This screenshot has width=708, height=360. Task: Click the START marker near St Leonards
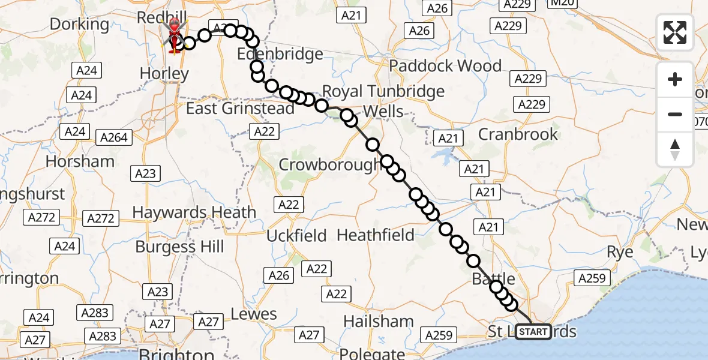pyautogui.click(x=533, y=332)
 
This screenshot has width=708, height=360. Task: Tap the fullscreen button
pyautogui.click(x=675, y=32)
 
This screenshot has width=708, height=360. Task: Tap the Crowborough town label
pyautogui.click(x=330, y=164)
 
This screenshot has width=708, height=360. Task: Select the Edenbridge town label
pyautogui.click(x=280, y=55)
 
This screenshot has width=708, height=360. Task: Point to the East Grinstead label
pyautogui.click(x=240, y=109)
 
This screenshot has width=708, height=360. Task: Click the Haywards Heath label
pyautogui.click(x=194, y=212)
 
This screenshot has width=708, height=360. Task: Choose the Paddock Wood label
pyautogui.click(x=446, y=65)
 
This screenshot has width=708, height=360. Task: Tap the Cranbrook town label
pyautogui.click(x=518, y=134)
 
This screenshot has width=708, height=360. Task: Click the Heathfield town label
pyautogui.click(x=376, y=235)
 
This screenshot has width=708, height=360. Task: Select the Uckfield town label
pyautogui.click(x=296, y=235)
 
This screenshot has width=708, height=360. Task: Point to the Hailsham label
pyautogui.click(x=379, y=321)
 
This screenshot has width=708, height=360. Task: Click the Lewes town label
pyautogui.click(x=254, y=314)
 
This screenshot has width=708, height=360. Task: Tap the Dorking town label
pyautogui.click(x=80, y=25)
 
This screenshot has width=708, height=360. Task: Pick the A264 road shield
pyautogui.click(x=114, y=137)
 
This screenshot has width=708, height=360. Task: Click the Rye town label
pyautogui.click(x=620, y=252)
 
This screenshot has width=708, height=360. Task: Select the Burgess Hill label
pyautogui.click(x=179, y=247)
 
